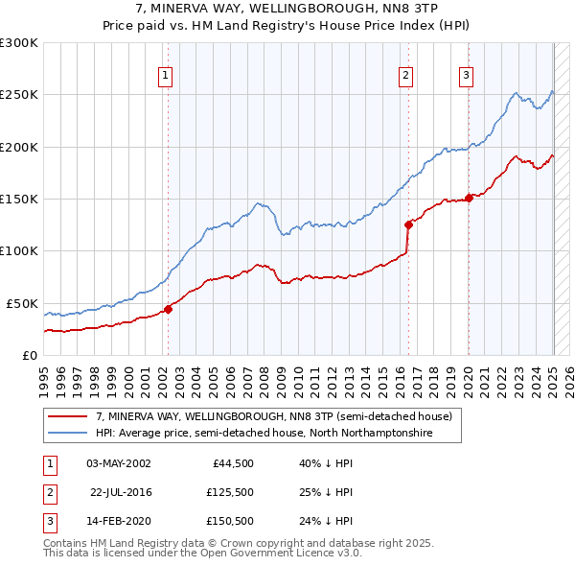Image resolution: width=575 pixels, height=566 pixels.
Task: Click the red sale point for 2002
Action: point(168,309)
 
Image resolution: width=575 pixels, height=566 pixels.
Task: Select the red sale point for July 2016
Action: point(408,224)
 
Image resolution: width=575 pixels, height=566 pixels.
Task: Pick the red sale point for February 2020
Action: point(469,199)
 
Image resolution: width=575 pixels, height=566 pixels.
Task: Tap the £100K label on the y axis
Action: point(19,250)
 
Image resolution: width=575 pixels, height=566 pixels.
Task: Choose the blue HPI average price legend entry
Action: point(264,434)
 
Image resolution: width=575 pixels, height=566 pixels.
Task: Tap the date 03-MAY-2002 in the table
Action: point(119,462)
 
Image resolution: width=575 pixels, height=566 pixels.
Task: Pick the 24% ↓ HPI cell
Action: point(327,522)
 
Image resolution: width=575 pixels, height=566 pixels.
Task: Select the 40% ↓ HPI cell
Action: point(327,462)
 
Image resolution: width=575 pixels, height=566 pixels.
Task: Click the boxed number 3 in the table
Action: point(47,522)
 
